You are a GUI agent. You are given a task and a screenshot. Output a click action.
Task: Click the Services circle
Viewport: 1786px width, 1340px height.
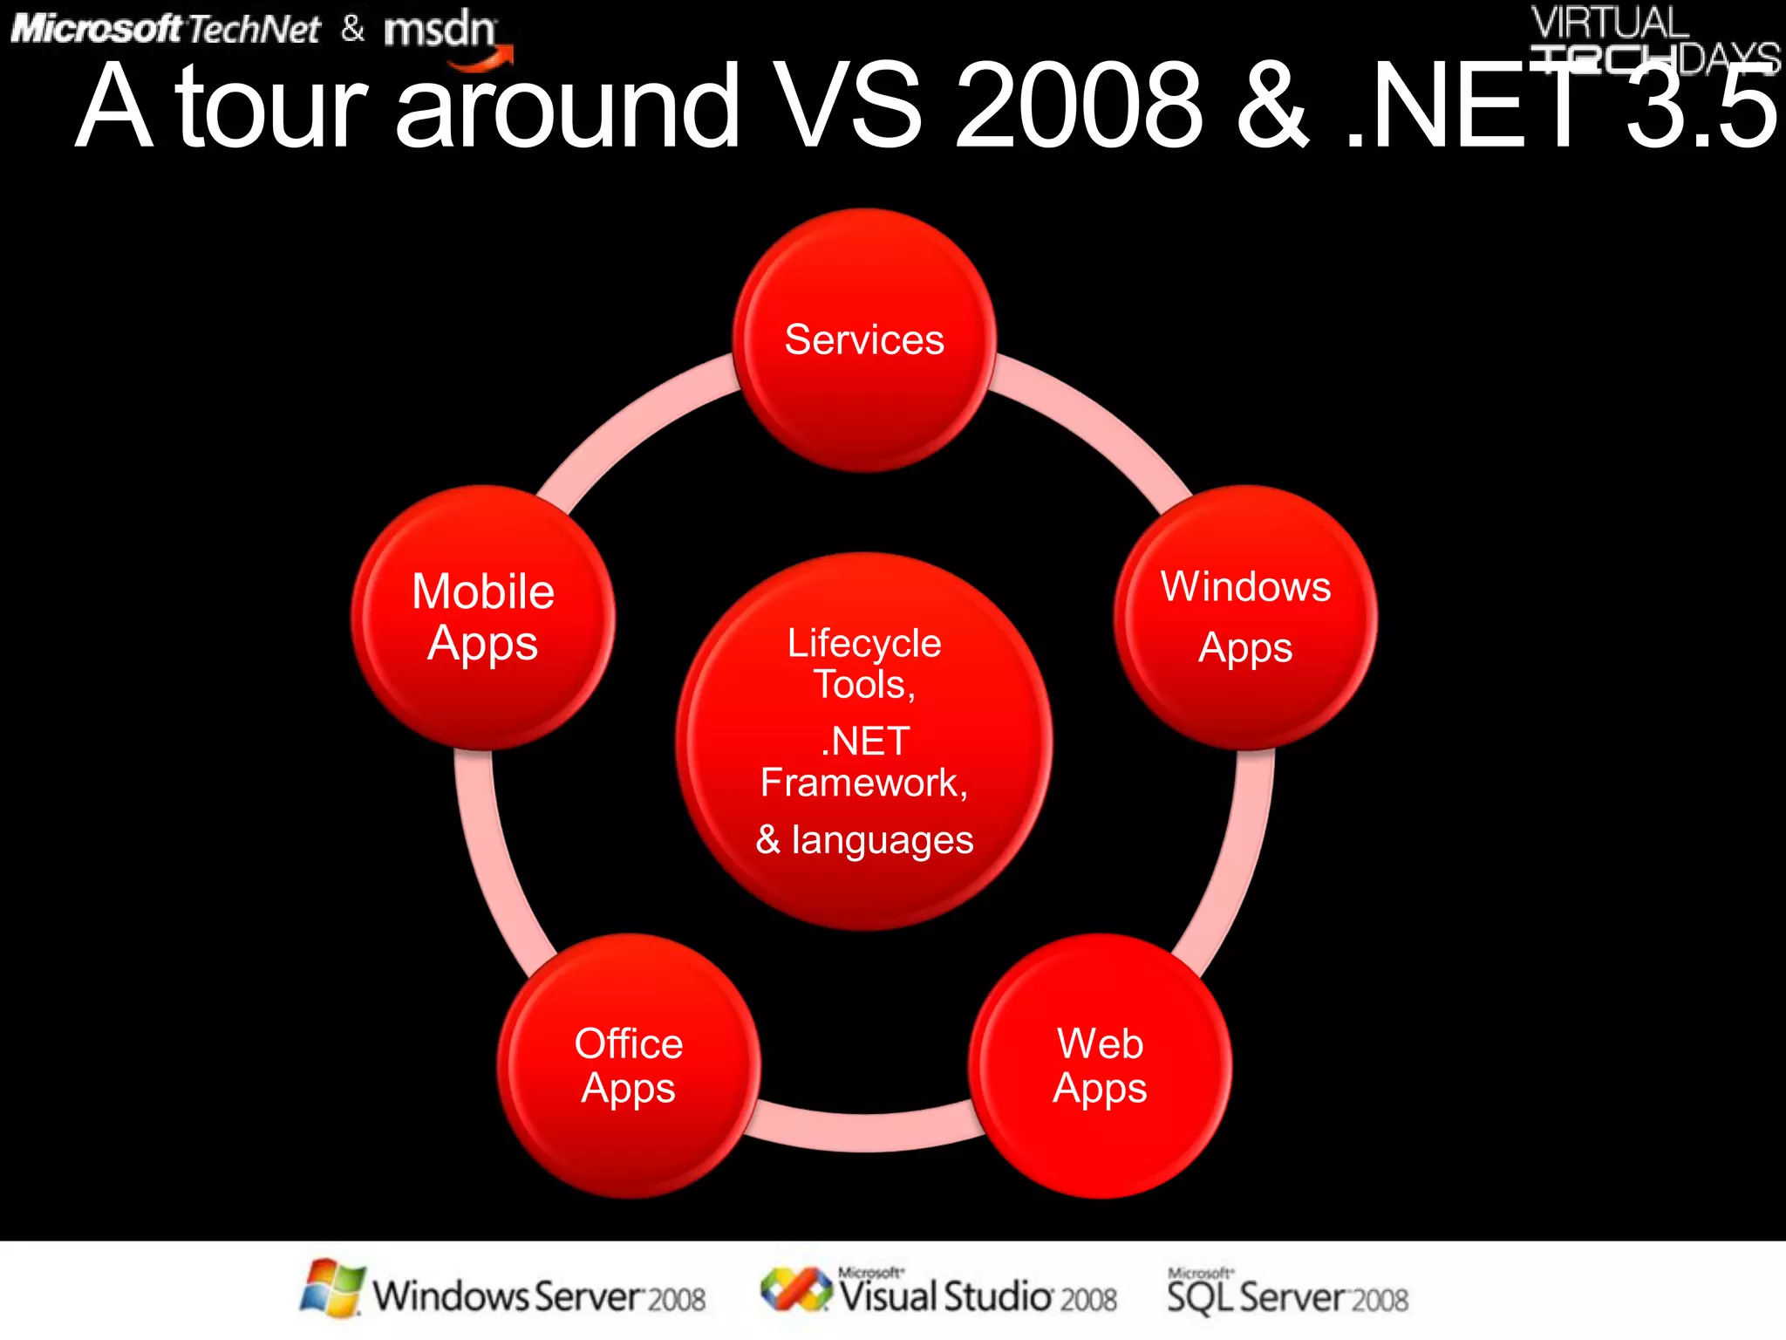[864, 340]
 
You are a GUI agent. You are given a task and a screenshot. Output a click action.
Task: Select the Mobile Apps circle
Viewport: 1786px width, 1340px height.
[483, 618]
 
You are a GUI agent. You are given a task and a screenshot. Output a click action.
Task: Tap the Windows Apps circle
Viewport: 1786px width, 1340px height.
[1245, 618]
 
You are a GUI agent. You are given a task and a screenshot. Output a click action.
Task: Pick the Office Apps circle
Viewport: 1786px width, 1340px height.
[629, 1066]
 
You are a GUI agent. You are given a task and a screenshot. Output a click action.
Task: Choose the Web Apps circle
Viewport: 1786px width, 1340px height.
[1100, 1066]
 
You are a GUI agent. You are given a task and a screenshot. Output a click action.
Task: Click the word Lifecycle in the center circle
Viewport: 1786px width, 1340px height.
[864, 644]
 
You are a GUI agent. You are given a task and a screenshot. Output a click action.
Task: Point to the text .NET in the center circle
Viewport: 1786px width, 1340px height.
[865, 742]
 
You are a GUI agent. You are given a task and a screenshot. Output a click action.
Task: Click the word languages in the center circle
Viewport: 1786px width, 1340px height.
[883, 840]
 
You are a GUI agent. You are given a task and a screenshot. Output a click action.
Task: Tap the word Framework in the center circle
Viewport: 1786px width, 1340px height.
[859, 783]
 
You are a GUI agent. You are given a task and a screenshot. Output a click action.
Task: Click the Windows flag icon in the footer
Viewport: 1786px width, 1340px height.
[331, 1288]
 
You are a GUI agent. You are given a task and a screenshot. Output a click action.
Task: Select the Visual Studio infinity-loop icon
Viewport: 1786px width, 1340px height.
[795, 1289]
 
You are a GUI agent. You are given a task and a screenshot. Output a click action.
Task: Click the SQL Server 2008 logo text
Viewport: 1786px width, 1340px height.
[1287, 1295]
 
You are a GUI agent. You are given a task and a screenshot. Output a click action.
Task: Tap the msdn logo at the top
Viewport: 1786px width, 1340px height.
[440, 31]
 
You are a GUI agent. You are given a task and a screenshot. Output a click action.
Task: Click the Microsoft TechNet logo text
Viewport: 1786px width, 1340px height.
[166, 30]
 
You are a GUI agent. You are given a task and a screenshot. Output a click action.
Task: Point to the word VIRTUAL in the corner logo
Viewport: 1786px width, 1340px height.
[1610, 23]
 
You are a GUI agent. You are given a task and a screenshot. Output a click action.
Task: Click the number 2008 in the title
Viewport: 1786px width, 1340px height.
[1080, 106]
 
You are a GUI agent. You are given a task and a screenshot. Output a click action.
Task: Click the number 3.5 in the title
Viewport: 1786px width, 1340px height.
[1701, 106]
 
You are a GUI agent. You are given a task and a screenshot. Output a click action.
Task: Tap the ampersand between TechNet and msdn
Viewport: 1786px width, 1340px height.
[353, 29]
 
